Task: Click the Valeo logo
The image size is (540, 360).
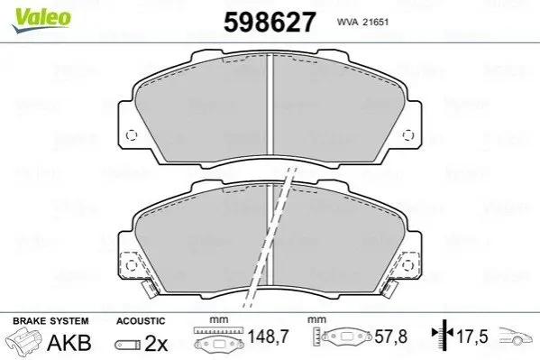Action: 41,21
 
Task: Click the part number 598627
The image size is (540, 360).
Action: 270,22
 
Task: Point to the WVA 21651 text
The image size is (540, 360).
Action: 362,22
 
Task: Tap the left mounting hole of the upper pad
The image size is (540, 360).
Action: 132,135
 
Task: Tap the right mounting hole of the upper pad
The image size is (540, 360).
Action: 408,135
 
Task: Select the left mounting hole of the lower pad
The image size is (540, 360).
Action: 132,265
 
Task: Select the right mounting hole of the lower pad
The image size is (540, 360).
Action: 408,265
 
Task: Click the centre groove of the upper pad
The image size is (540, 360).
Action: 270,105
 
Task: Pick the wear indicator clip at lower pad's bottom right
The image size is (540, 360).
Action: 389,289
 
